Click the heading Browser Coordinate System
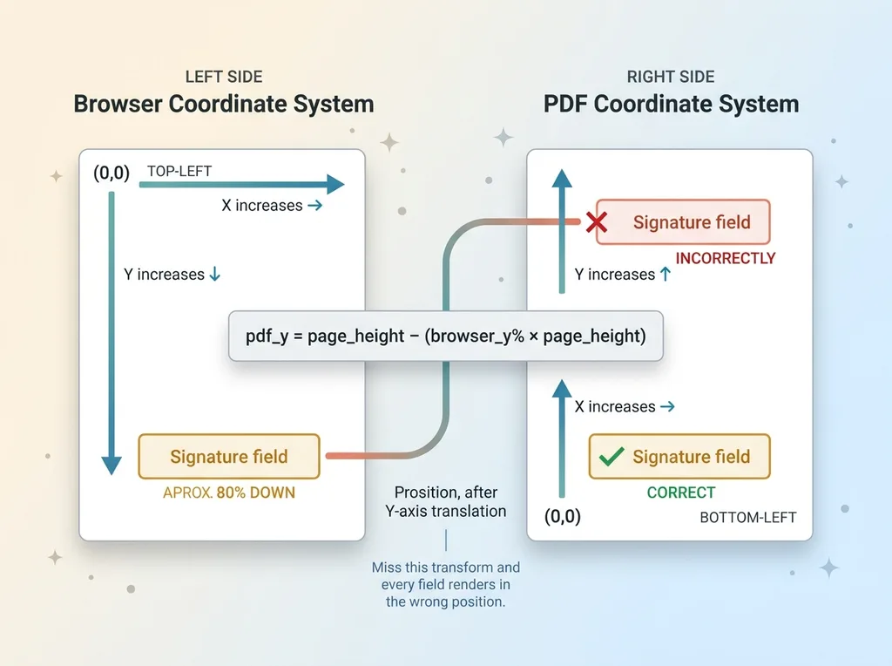[x=223, y=105]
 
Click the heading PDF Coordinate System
[x=671, y=105]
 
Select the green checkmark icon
[x=612, y=456]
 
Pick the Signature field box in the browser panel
[x=229, y=456]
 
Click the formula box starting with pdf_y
[x=445, y=336]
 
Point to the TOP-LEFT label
[x=179, y=172]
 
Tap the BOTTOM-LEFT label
[x=747, y=518]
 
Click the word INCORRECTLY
[x=725, y=259]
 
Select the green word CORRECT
[x=680, y=493]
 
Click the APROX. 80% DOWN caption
[x=229, y=493]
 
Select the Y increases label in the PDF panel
[x=622, y=275]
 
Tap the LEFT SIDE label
[x=223, y=77]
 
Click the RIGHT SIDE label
[x=671, y=77]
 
